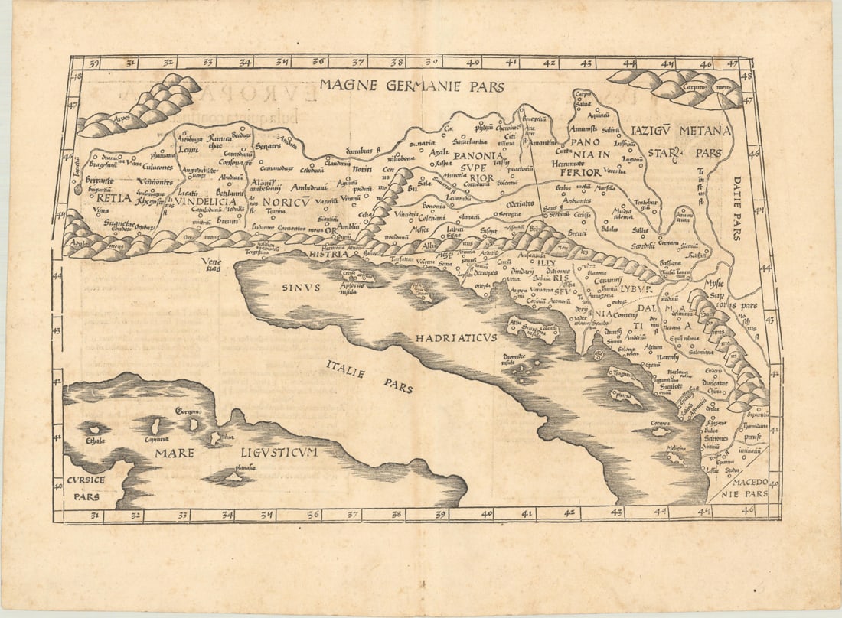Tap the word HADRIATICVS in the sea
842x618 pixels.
point(457,337)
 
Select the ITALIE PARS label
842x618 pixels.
point(367,376)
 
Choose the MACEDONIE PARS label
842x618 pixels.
point(746,489)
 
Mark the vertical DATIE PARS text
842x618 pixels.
point(736,208)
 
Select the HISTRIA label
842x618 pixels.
point(329,254)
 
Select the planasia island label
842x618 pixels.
point(243,466)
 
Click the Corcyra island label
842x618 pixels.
point(660,422)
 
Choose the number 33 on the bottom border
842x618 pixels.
point(182,516)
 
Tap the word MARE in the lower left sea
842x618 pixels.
point(175,453)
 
